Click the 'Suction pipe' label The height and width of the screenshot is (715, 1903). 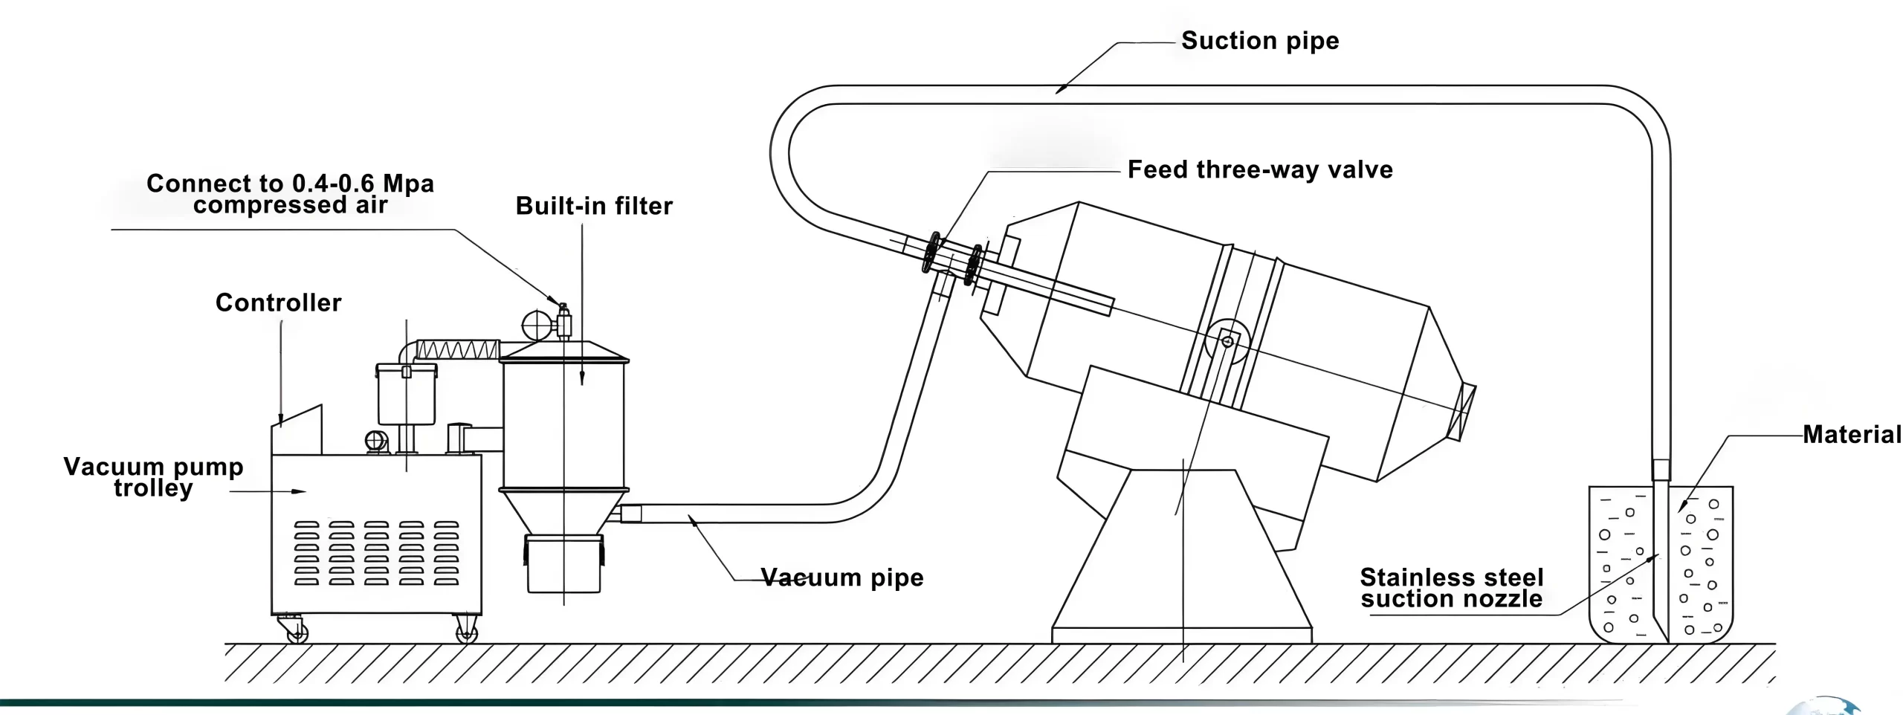point(1259,40)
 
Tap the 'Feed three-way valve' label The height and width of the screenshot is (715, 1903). point(1259,169)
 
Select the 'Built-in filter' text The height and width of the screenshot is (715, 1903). point(593,206)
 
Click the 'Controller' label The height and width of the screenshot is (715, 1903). point(278,302)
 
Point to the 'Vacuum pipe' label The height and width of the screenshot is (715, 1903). point(841,577)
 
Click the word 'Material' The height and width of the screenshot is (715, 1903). point(1851,434)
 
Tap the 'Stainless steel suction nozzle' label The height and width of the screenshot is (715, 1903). point(1451,588)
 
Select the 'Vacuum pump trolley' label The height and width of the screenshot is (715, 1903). point(153,477)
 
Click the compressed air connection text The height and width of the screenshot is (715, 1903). point(290,194)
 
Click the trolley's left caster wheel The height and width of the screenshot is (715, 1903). point(297,632)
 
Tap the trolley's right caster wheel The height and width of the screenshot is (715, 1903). point(466,632)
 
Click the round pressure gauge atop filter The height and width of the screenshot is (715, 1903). point(537,326)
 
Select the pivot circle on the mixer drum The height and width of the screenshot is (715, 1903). point(1227,342)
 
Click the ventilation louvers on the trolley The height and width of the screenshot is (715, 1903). point(376,553)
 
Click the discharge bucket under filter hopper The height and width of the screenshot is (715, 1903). point(563,565)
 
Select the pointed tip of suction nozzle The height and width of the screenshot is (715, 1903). point(1666,638)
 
